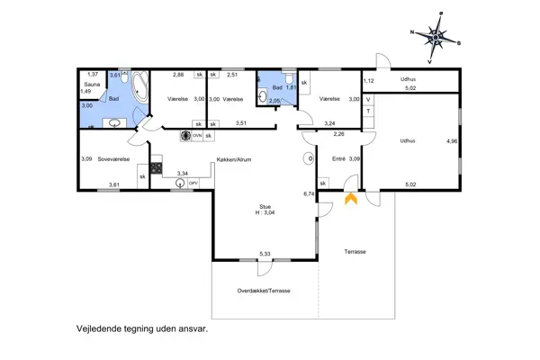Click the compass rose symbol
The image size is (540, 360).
436,37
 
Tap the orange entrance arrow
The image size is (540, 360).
351,199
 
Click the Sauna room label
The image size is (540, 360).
92,85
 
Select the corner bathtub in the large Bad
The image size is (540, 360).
140,86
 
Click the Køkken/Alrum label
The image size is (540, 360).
234,159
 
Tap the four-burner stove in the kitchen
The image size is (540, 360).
156,168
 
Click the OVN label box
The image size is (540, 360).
197,136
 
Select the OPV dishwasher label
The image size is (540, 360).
193,184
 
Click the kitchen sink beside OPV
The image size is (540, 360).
180,183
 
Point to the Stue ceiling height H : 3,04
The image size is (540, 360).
265,212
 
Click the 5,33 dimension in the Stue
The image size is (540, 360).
265,254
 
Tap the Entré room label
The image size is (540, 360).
338,158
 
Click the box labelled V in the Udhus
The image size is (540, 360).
368,100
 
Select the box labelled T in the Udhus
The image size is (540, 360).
368,111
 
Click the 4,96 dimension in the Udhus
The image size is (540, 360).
452,141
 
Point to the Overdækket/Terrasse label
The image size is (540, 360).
264,291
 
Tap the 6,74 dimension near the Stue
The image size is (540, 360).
309,194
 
